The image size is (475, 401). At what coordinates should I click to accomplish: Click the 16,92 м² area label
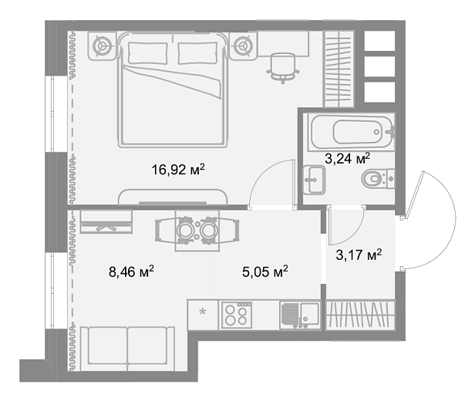[178, 170]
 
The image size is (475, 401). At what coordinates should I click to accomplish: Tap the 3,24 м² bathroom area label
[348, 158]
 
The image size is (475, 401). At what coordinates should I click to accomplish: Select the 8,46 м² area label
[131, 271]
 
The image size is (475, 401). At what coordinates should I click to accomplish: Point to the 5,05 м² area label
[265, 271]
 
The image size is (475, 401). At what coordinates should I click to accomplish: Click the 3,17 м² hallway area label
[359, 254]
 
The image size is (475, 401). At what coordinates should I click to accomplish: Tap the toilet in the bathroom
[378, 179]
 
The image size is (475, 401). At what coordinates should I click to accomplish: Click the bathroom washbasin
[315, 180]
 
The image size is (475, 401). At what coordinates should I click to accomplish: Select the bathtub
[352, 132]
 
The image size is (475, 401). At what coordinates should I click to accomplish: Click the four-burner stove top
[237, 315]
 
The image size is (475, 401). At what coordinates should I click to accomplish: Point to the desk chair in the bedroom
[283, 68]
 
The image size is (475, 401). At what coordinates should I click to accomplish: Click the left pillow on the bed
[148, 53]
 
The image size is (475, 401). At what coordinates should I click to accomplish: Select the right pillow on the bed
[198, 53]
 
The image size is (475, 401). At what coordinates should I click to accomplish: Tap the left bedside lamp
[102, 46]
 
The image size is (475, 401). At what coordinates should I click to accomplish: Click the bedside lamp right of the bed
[243, 46]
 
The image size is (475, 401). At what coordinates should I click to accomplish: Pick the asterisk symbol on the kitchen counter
[202, 312]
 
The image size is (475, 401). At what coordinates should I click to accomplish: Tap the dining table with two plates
[197, 231]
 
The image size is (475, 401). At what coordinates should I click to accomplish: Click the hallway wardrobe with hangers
[361, 315]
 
